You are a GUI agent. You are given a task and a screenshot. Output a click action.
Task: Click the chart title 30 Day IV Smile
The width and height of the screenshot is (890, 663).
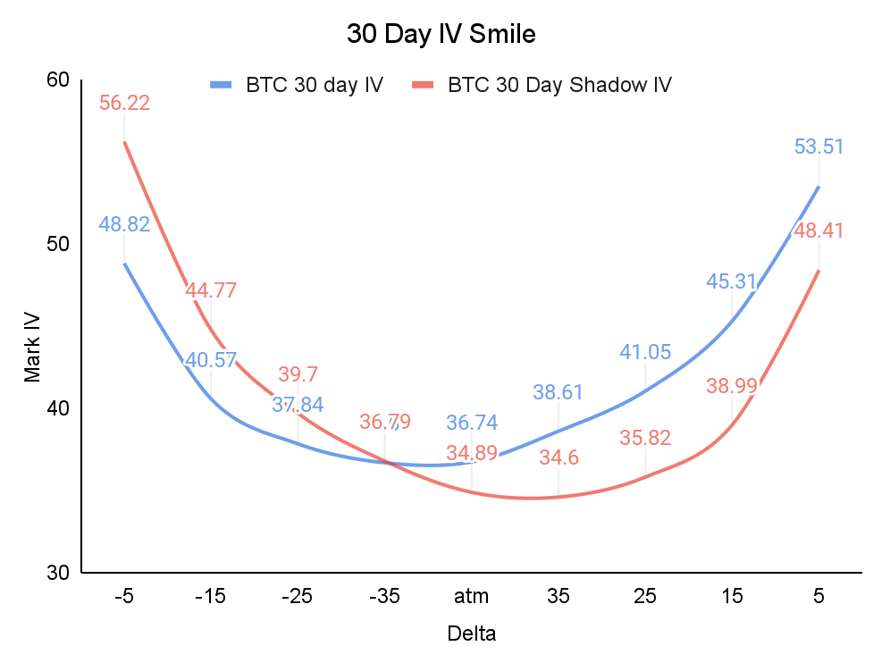pos(441,35)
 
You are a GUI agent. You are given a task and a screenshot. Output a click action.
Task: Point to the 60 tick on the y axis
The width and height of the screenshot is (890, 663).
pos(57,80)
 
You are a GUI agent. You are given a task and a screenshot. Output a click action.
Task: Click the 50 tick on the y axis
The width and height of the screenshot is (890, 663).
pos(57,244)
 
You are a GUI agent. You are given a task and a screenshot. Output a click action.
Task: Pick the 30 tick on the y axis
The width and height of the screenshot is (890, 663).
pos(57,572)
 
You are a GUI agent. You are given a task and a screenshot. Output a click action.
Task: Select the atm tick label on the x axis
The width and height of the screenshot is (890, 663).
pos(471,596)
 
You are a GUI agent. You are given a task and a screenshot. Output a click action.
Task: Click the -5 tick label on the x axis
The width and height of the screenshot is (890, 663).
pos(123,596)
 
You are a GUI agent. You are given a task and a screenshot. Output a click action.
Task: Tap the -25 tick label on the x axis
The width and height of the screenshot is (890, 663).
pos(297,596)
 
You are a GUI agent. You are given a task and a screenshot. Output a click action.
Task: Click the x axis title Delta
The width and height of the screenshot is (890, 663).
pos(471,634)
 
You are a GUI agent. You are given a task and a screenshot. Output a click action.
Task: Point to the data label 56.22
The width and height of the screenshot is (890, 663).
pos(124,103)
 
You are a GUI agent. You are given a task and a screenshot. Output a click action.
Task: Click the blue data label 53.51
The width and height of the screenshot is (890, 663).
pos(819,147)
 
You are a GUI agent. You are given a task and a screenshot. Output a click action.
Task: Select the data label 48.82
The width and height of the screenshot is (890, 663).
pos(124,224)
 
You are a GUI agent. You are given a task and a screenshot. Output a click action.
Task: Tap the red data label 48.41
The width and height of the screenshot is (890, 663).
pos(819,231)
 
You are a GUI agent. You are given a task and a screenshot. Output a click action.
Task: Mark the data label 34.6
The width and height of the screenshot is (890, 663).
pos(558,457)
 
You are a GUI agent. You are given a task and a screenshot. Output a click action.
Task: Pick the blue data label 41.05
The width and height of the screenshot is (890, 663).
pos(645,352)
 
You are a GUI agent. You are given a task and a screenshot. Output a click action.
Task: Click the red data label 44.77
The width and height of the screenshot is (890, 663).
pos(211,290)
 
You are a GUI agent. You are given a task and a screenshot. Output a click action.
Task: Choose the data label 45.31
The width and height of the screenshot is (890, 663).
pos(732,281)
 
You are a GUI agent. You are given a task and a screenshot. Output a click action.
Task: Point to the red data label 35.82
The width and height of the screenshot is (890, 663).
pos(645,438)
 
